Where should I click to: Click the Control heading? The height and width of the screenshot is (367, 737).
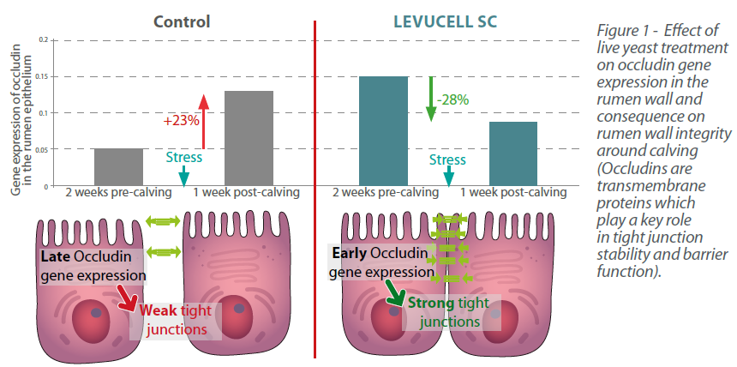click(181, 20)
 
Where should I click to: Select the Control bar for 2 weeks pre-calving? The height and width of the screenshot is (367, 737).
click(118, 166)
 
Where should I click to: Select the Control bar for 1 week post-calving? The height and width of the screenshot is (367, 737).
click(249, 137)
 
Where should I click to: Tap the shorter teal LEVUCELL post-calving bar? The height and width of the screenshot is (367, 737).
click(513, 153)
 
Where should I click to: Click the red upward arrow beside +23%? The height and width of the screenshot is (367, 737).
click(203, 121)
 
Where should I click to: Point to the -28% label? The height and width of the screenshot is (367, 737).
click(452, 99)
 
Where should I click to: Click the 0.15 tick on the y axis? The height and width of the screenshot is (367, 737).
click(43, 76)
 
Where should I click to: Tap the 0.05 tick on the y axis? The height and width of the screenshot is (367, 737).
click(43, 148)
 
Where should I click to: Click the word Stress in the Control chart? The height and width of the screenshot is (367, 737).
click(183, 157)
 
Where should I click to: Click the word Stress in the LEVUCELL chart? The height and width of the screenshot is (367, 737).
click(447, 159)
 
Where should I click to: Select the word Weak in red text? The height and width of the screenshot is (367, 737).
click(159, 310)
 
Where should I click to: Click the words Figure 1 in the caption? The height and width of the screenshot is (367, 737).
click(622, 30)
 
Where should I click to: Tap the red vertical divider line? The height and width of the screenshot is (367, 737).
click(315, 189)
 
